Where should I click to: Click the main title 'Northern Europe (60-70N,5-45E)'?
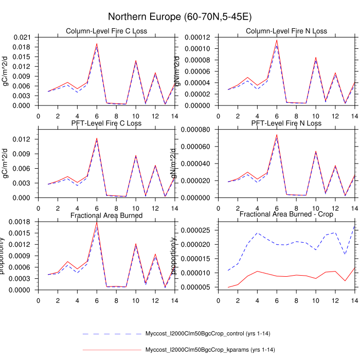pos(179,17)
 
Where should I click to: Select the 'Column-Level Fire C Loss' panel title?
pos(106,31)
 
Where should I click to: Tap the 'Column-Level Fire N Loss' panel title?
pos(286,31)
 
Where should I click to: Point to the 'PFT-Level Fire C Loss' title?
pos(106,123)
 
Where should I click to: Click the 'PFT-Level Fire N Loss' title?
pos(286,123)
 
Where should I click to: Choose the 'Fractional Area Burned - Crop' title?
pos(286,214)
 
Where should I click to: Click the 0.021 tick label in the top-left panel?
pos(22,38)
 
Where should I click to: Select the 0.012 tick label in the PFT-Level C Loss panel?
pos(22,139)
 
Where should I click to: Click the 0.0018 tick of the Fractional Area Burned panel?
pos(20,222)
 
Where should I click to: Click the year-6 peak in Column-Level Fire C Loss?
pos(97,44)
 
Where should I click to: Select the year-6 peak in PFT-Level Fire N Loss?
pos(277,135)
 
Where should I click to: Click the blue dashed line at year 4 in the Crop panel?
pos(257,233)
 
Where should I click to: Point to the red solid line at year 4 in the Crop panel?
pos(257,271)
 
